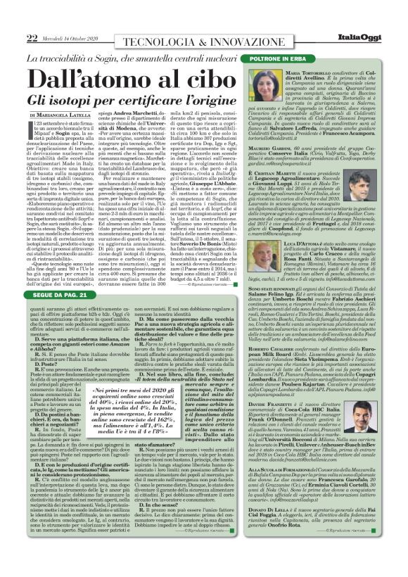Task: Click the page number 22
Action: [x=32, y=20]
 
